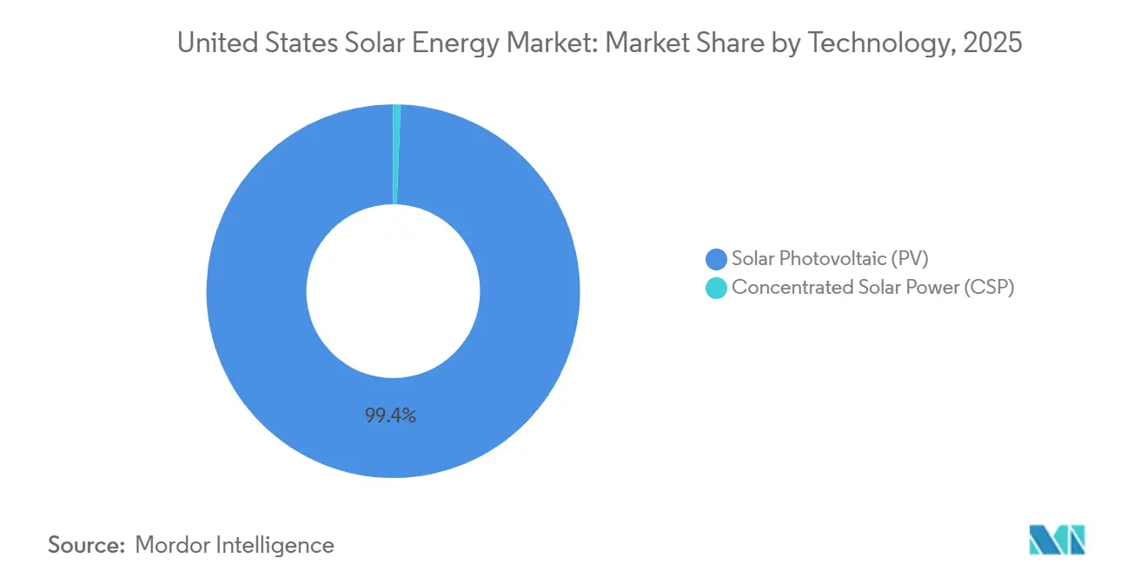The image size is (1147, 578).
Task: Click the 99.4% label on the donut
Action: tap(390, 416)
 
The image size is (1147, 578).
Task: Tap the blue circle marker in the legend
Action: tap(716, 258)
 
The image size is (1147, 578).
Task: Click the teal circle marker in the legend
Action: tap(716, 288)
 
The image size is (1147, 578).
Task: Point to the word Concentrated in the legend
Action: tap(784, 288)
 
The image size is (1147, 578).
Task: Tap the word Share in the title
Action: tap(727, 44)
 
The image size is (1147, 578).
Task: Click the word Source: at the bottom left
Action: tap(87, 545)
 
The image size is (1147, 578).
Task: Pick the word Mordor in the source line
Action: tap(173, 545)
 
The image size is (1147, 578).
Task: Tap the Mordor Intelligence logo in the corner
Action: tap(1057, 540)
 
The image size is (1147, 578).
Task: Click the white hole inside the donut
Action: tap(393, 291)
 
